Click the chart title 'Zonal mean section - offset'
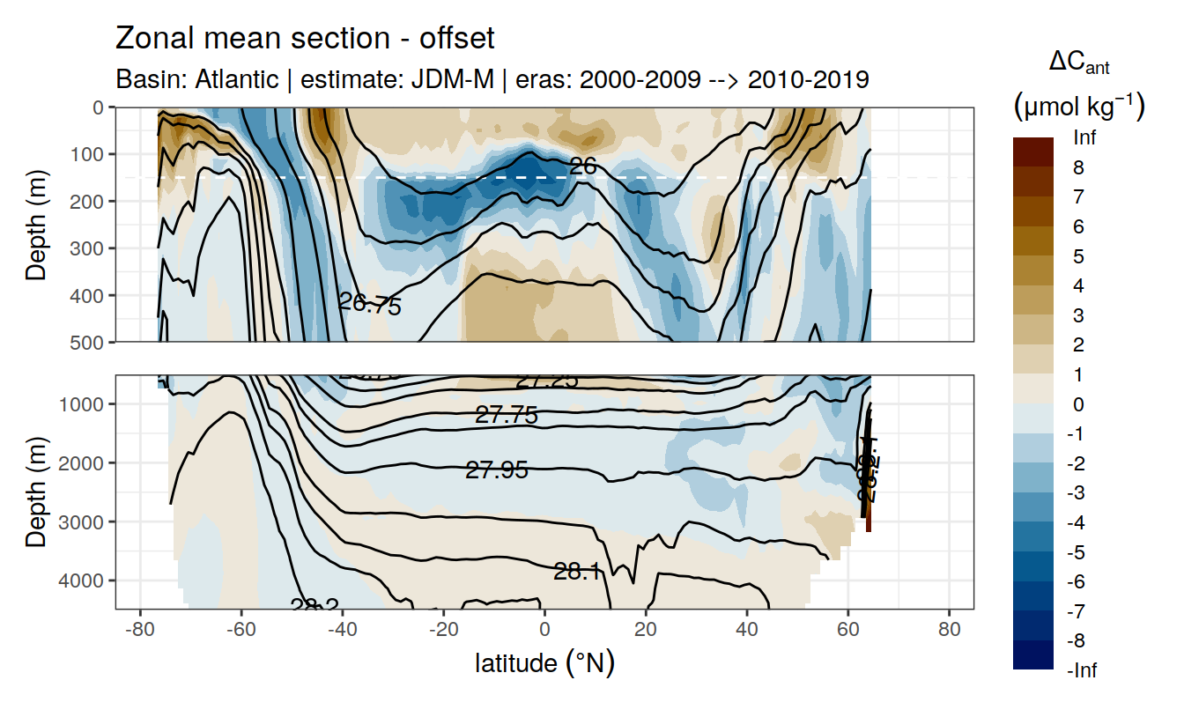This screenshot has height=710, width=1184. pos(305,39)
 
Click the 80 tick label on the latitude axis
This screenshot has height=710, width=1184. pos(949,631)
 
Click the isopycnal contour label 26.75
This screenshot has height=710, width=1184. pos(370,305)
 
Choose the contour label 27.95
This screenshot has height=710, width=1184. pos(497,470)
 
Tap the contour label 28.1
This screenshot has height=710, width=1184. pos(577,572)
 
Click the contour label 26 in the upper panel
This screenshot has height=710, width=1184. pos(583,166)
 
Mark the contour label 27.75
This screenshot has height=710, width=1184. pos(507,416)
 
